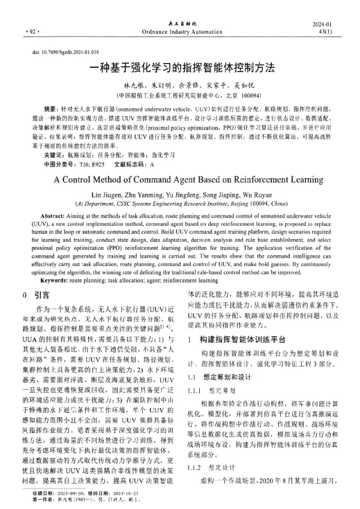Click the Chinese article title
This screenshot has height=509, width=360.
180,70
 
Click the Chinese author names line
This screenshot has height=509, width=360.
180,86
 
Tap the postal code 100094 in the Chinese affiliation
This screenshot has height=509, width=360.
248,95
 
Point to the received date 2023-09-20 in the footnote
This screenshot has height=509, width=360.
67,495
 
